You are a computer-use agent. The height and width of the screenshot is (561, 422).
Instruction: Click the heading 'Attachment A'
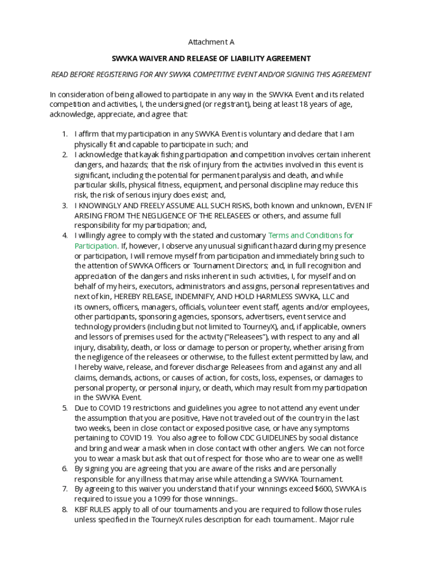211,42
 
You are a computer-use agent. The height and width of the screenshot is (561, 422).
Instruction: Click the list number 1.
64,134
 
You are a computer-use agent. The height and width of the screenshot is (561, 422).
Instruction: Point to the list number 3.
64,205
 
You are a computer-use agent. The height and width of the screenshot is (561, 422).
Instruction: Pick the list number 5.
64,408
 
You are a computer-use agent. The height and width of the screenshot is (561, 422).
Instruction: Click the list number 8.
64,510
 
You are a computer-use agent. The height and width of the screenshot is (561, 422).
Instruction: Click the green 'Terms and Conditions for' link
311,236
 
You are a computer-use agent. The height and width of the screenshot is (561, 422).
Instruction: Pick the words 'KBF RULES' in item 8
93,510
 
